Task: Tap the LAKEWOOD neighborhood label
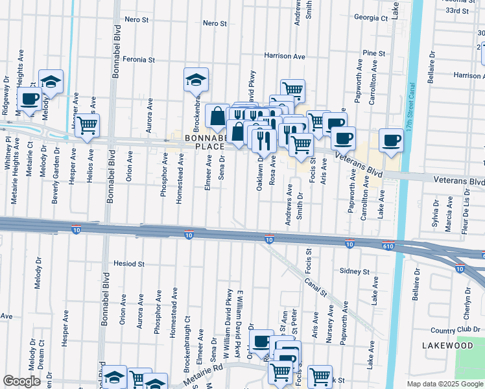point(447,346)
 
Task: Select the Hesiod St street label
point(128,265)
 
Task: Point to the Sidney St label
point(355,272)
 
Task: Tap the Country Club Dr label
point(452,331)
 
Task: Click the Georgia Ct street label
point(370,18)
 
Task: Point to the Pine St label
point(374,53)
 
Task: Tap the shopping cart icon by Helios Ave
point(87,124)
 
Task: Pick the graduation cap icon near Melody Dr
point(51,82)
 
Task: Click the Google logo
point(21,381)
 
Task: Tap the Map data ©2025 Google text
point(444,384)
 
